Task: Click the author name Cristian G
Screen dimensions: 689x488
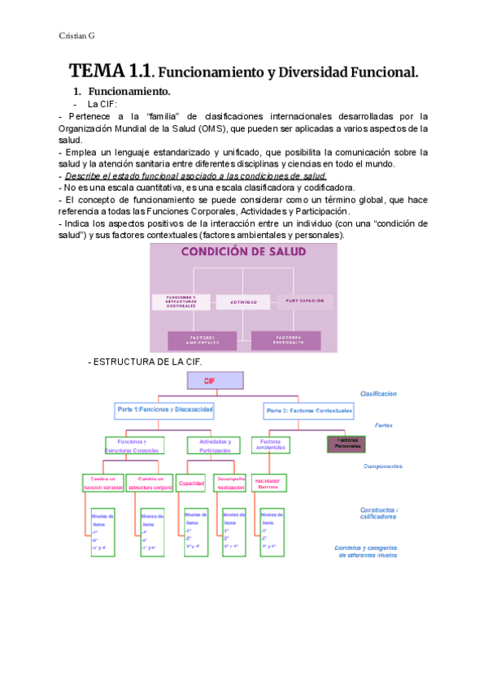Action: [77, 36]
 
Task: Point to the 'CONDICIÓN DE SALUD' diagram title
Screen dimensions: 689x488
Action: [243, 252]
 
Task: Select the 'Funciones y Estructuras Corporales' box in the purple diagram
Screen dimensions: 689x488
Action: [182, 301]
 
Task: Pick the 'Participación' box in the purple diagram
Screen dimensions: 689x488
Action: [305, 301]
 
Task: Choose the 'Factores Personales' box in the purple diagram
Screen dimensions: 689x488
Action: [285, 340]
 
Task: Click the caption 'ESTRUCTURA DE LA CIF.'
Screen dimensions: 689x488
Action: [144, 362]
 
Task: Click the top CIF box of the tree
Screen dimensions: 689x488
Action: [215, 379]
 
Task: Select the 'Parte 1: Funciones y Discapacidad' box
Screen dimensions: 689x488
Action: [165, 410]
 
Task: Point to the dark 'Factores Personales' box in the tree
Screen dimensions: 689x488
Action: [346, 444]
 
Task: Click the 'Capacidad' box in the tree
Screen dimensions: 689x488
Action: [192, 483]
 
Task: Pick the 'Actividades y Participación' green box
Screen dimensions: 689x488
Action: [214, 445]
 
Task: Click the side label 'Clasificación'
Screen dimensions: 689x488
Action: [379, 393]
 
